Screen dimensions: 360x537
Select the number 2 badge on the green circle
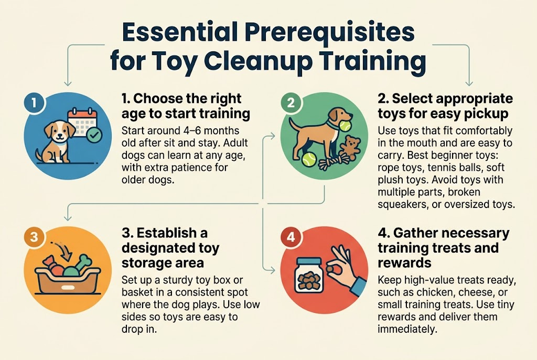289,103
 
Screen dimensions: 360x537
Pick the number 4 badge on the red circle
289,237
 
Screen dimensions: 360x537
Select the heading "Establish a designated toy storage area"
170,247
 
